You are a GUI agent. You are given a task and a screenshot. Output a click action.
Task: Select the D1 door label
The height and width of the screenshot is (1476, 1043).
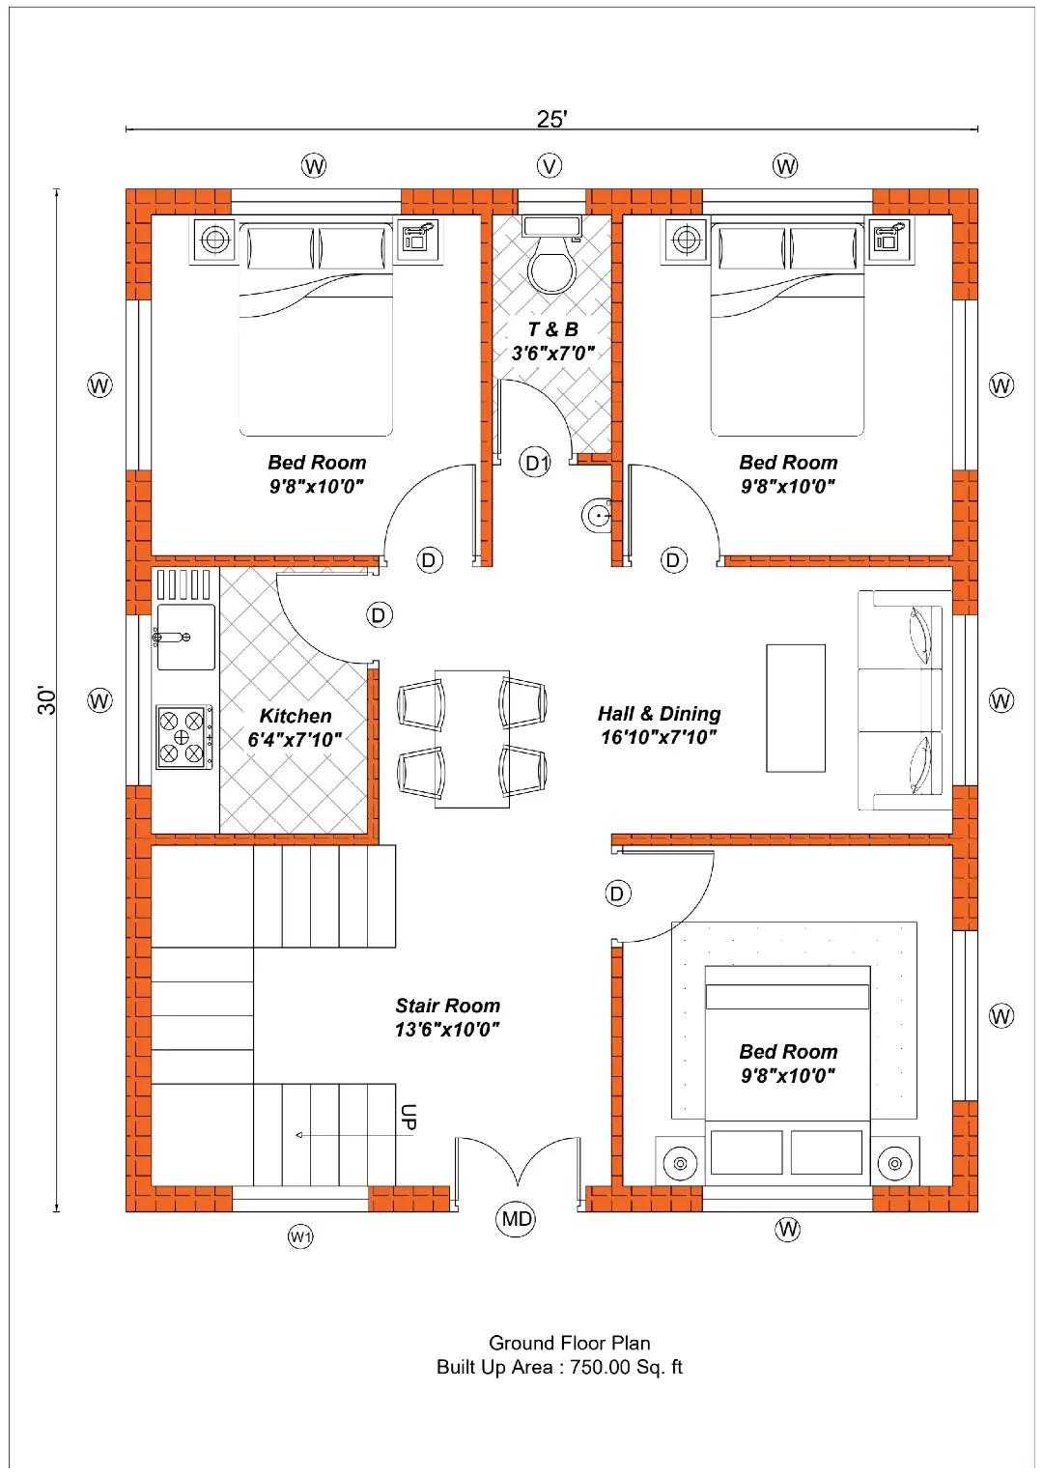click(x=536, y=464)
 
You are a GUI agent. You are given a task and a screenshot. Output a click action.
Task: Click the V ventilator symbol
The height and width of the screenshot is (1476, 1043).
click(x=550, y=165)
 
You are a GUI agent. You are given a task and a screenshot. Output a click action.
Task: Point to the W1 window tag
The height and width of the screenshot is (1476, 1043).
click(x=300, y=1236)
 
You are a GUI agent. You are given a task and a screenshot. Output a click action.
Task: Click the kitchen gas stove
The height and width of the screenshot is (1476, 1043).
click(x=184, y=736)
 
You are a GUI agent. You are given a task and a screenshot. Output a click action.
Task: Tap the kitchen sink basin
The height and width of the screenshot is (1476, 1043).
click(x=185, y=638)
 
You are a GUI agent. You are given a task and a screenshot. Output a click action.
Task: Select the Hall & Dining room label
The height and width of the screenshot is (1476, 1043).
click(x=659, y=724)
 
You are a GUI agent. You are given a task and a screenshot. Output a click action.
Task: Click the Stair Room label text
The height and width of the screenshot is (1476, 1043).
click(x=447, y=1017)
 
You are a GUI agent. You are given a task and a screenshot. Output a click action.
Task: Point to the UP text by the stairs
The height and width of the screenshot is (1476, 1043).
click(x=409, y=1117)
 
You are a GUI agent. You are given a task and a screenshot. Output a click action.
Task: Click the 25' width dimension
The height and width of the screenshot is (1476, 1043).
click(x=552, y=119)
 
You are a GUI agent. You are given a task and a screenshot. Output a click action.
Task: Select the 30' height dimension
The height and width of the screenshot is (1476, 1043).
click(x=47, y=700)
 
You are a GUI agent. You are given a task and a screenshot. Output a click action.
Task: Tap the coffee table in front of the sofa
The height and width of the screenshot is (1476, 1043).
click(x=795, y=708)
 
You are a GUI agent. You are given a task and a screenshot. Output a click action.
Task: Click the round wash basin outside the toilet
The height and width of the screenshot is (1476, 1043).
click(x=597, y=515)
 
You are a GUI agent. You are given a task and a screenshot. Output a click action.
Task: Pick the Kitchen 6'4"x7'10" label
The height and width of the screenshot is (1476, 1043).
click(x=295, y=727)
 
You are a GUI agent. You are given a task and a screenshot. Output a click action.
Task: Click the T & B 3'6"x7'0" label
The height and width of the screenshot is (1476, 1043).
click(x=552, y=341)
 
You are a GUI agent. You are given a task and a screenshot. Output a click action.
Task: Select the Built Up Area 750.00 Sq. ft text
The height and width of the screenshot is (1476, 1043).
click(x=559, y=1367)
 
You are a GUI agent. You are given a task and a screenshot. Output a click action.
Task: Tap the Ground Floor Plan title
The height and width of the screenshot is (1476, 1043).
click(x=569, y=1343)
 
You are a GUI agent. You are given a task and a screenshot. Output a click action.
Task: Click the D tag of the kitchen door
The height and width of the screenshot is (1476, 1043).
click(x=379, y=614)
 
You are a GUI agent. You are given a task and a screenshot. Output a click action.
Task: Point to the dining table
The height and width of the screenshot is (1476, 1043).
click(x=471, y=739)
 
